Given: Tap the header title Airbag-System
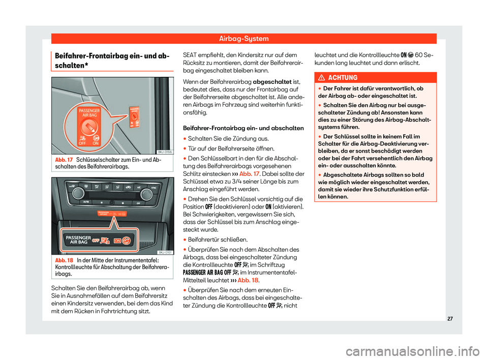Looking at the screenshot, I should click(243, 38).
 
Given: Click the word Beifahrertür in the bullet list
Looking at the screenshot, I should click(205, 239).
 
